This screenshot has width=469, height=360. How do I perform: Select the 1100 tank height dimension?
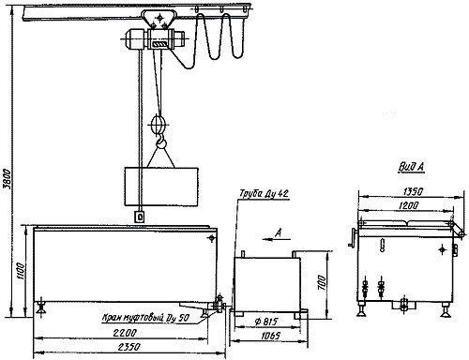(x=20, y=272)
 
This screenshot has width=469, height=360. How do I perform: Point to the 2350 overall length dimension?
(x=129, y=347)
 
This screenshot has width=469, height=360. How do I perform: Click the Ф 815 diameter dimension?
(x=265, y=322)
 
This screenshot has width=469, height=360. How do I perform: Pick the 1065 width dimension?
(x=270, y=336)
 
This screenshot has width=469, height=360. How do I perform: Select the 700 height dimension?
(x=322, y=282)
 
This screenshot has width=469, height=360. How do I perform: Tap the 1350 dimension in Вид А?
(x=413, y=191)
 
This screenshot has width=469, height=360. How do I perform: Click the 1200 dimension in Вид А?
(x=408, y=205)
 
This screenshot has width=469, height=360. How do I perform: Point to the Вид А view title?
(x=411, y=167)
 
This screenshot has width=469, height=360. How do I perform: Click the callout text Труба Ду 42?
(x=264, y=194)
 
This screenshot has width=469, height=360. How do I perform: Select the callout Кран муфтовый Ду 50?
(x=145, y=318)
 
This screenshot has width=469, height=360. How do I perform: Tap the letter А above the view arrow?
(x=279, y=232)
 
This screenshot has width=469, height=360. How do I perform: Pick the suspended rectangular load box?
(x=161, y=187)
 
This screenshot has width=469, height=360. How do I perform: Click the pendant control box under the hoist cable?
(x=140, y=217)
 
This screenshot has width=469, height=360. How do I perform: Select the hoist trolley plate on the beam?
(x=159, y=20)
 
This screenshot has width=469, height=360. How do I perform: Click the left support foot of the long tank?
(x=41, y=308)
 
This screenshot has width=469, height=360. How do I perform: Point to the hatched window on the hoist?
(x=160, y=44)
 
